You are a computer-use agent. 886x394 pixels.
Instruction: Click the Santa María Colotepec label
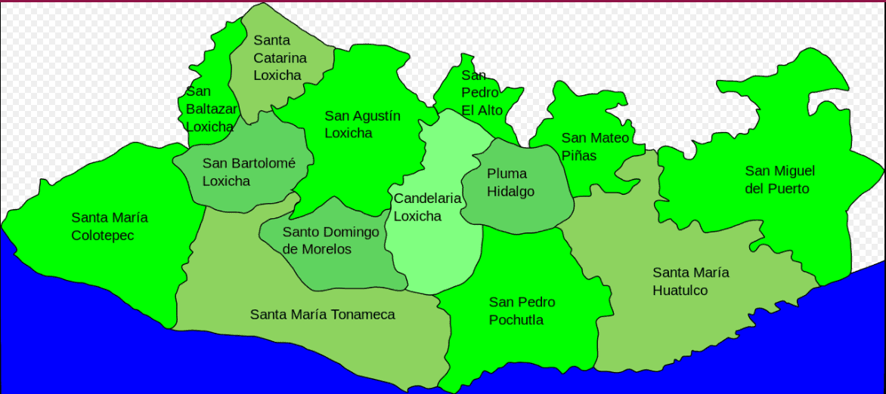[110, 226]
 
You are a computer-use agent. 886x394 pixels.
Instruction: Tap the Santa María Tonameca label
[322, 314]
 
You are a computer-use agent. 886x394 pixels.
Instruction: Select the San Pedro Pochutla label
[522, 311]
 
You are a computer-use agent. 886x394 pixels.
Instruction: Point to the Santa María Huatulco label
[691, 281]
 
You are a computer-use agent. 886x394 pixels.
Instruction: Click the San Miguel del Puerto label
[779, 180]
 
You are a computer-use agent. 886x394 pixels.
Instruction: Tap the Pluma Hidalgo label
[510, 183]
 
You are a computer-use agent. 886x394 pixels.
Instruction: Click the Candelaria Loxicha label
[427, 207]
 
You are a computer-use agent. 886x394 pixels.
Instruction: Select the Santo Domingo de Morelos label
[330, 241]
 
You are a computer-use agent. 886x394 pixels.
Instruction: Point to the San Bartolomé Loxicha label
[248, 172]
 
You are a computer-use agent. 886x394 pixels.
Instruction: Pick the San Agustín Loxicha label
[362, 125]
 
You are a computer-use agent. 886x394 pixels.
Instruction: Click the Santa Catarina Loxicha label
[280, 57]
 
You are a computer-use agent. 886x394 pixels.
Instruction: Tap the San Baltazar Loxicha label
[211, 109]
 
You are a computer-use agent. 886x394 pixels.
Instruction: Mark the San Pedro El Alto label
[482, 93]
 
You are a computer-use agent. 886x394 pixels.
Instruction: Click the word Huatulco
[680, 290]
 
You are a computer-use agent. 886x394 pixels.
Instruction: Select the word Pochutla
[516, 320]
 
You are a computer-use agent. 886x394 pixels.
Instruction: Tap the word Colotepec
[104, 235]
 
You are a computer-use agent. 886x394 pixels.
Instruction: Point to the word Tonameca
[359, 314]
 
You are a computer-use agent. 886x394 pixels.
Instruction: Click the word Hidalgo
[510, 192]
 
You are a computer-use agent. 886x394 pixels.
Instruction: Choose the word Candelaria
[427, 199]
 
